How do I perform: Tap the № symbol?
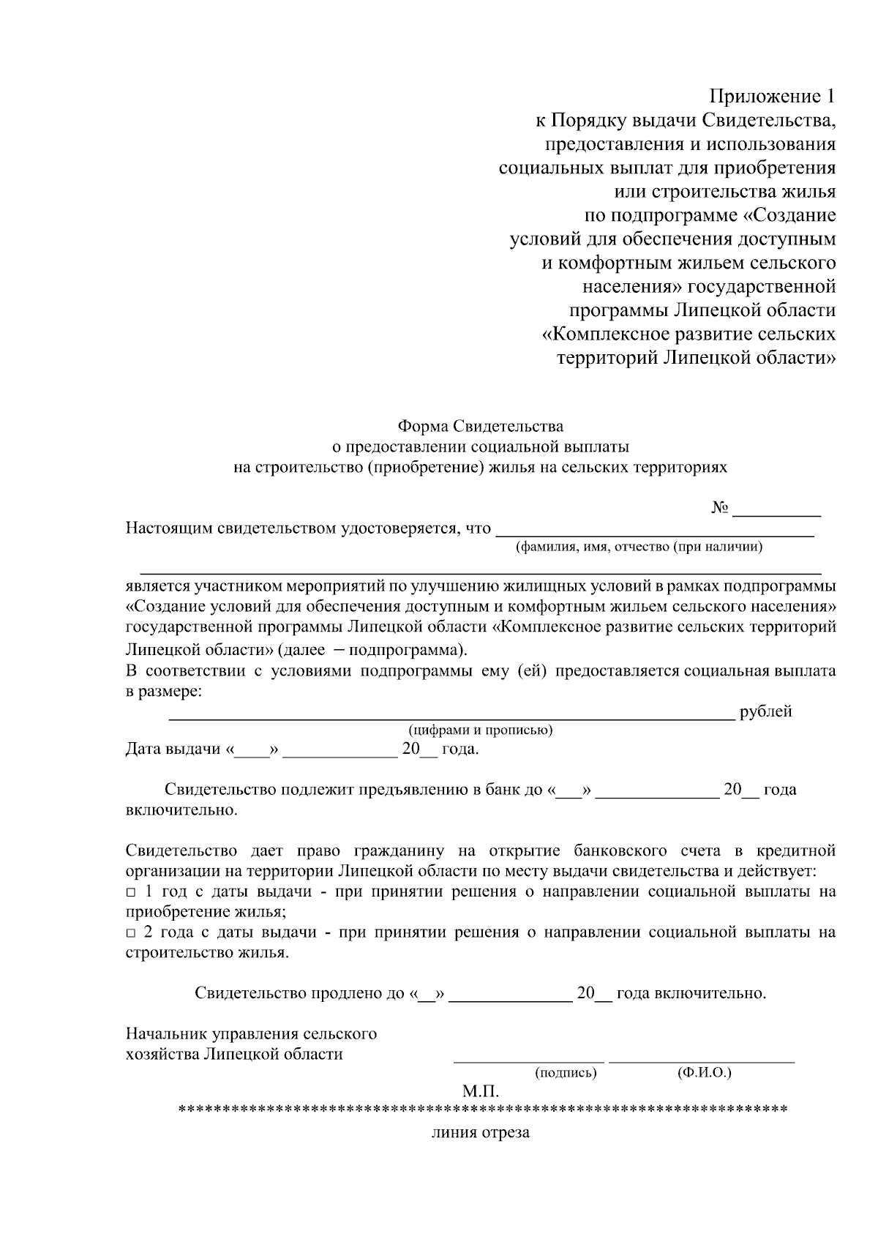[720, 508]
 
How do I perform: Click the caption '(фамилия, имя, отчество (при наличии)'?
[639, 547]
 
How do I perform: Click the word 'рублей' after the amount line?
[765, 711]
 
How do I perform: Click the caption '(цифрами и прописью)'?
[480, 730]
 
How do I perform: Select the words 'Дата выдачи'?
[173, 749]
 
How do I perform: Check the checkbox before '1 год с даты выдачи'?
[130, 893]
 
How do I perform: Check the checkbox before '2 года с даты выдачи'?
[130, 933]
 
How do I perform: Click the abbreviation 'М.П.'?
[480, 1092]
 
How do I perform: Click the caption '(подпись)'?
[566, 1073]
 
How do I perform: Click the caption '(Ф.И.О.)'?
[704, 1073]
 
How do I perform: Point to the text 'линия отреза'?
[480, 1133]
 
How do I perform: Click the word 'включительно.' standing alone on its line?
[181, 811]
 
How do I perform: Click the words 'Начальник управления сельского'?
[251, 1034]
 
